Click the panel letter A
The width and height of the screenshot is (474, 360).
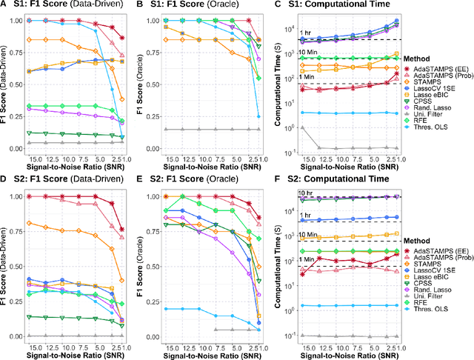pos(4,6)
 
